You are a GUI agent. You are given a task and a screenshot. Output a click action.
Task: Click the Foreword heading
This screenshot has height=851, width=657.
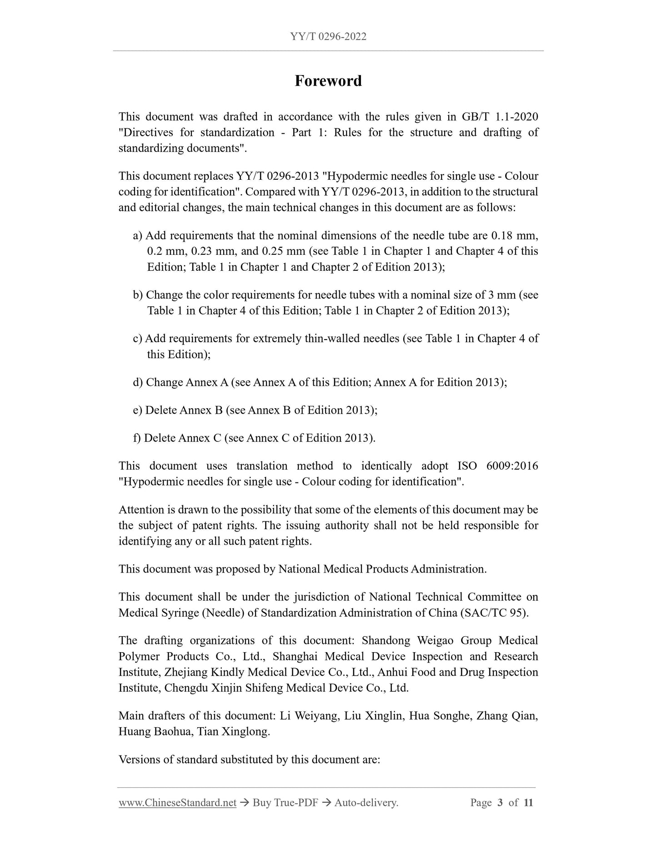328,81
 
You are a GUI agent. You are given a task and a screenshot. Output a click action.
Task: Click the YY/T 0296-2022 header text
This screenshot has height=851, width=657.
328,36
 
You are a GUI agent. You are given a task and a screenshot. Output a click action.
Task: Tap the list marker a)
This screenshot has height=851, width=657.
138,236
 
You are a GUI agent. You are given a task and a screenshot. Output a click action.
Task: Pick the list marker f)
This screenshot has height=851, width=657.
137,438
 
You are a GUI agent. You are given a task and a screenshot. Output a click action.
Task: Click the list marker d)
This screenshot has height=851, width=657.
138,382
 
